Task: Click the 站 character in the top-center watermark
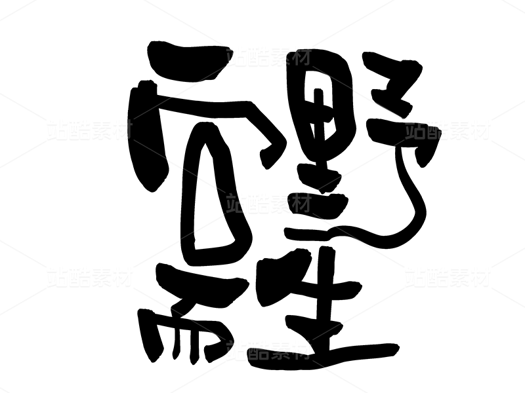[x=237, y=56]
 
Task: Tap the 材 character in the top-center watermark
[x=300, y=56]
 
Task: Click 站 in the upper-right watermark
[x=415, y=130]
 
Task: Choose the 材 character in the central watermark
[x=300, y=204]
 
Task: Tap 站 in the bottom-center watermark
[x=237, y=350]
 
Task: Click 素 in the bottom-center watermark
[x=279, y=350]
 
